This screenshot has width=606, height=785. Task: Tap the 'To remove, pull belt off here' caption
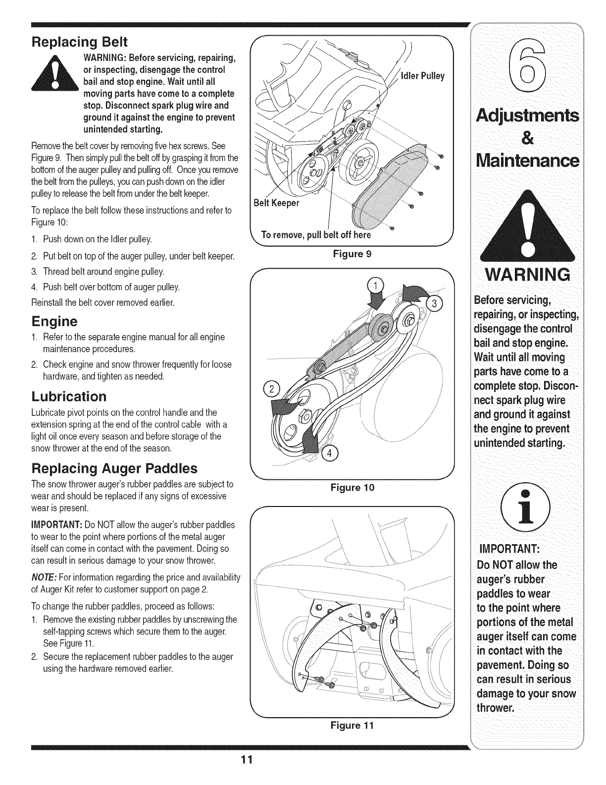pyautogui.click(x=315, y=234)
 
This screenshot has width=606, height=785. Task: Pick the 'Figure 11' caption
pyautogui.click(x=352, y=726)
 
